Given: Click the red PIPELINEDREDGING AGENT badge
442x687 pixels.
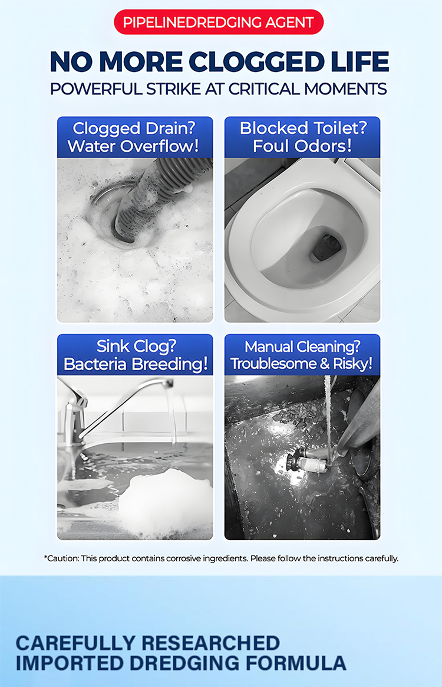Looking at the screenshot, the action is [x=219, y=22].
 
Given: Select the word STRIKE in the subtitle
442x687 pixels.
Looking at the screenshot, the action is [x=173, y=89].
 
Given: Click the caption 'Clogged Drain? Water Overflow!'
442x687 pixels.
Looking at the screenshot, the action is [x=135, y=137].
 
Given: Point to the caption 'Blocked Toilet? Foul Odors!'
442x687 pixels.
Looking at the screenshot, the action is [x=302, y=137].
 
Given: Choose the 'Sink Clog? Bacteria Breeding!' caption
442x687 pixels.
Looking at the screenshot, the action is [x=135, y=355].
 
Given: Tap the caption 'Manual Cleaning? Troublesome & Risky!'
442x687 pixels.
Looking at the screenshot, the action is [x=302, y=355].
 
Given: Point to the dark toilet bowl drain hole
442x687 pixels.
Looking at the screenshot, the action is [x=326, y=247].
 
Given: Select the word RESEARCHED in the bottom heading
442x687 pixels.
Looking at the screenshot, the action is [x=210, y=643].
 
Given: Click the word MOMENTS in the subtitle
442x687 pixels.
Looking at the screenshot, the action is [x=346, y=89].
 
